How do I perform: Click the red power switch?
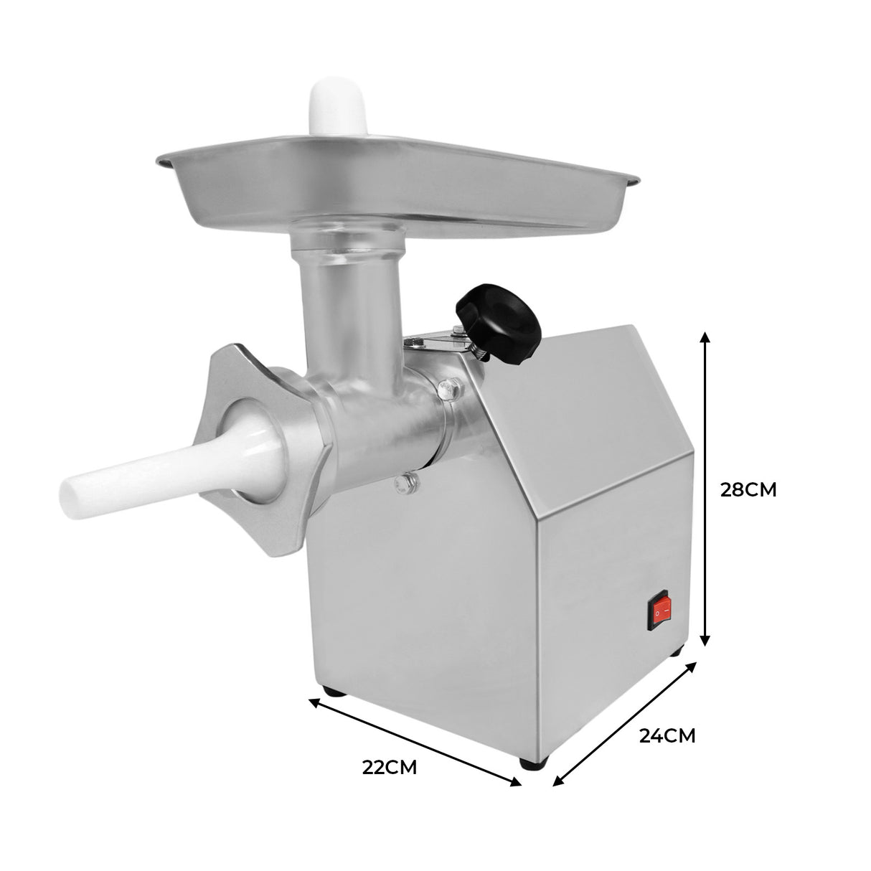662,611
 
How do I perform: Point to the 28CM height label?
748,489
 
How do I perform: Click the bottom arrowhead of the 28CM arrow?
706,644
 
